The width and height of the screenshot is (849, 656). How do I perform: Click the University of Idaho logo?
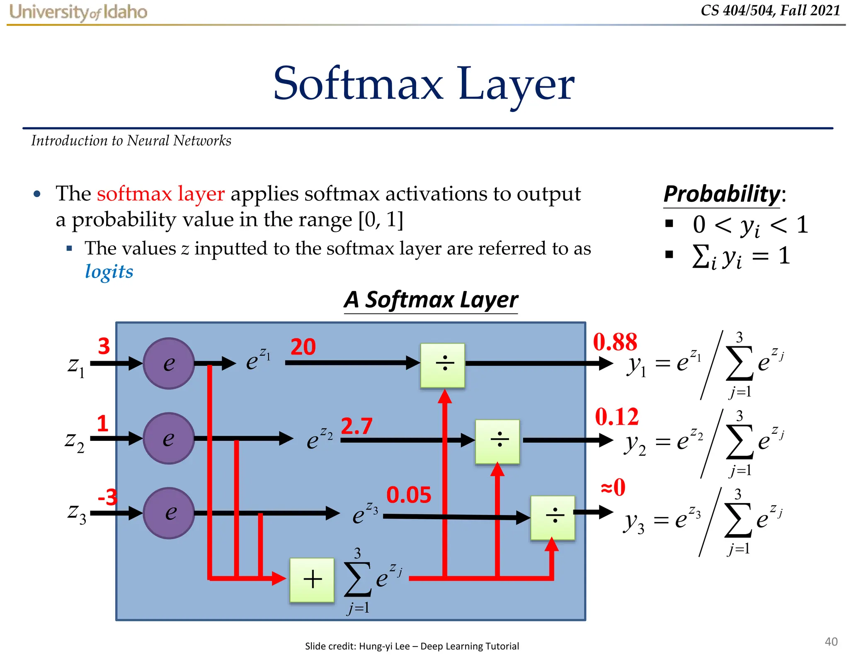(78, 12)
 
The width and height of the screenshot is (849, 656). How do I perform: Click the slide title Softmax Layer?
(424, 84)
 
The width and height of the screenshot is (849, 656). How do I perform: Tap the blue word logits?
(109, 272)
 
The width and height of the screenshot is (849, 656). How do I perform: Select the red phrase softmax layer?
(160, 194)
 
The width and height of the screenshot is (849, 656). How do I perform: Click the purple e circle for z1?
(169, 364)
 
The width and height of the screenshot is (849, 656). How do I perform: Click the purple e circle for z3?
(169, 513)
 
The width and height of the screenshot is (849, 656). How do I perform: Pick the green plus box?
(312, 580)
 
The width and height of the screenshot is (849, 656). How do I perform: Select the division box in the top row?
(443, 365)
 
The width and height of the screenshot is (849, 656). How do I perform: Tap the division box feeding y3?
(553, 518)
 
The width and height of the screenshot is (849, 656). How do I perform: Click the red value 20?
(303, 347)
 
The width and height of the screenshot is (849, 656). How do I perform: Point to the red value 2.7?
(357, 426)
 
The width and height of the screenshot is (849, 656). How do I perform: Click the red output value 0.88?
(615, 342)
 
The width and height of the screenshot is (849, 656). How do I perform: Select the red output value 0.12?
(617, 417)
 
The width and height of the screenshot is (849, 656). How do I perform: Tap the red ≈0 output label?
(613, 487)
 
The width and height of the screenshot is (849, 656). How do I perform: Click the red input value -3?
(107, 497)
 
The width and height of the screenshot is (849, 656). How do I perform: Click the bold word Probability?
(722, 194)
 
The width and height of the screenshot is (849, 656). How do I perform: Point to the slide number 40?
(831, 641)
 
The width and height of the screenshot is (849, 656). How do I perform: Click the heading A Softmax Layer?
(431, 300)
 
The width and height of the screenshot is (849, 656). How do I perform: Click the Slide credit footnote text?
(412, 646)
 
